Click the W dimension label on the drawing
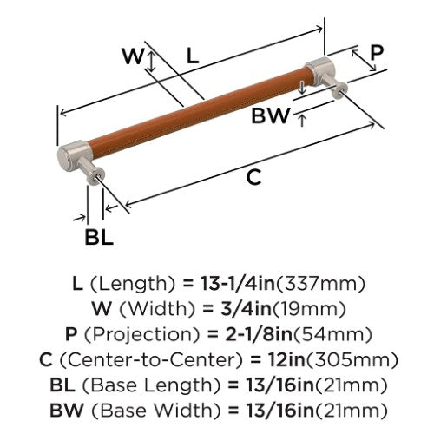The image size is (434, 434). coord(133,56)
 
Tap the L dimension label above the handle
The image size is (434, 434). coord(193,56)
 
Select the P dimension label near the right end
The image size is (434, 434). coord(377,53)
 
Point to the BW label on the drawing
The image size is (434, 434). coord(270,115)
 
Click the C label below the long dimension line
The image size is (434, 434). coord(253,177)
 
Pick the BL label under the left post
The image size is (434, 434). coord(99,237)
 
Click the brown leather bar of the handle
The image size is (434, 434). coord(198,109)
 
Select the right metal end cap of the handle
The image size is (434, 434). coord(322,72)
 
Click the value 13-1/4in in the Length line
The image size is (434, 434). coord(238,284)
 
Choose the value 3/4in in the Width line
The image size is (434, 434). coord(246,309)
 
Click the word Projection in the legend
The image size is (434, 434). coord(142,334)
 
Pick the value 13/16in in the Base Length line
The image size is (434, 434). coord(280,385)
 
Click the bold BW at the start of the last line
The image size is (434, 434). coord(67,411)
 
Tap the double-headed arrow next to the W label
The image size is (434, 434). coord(152,61)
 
